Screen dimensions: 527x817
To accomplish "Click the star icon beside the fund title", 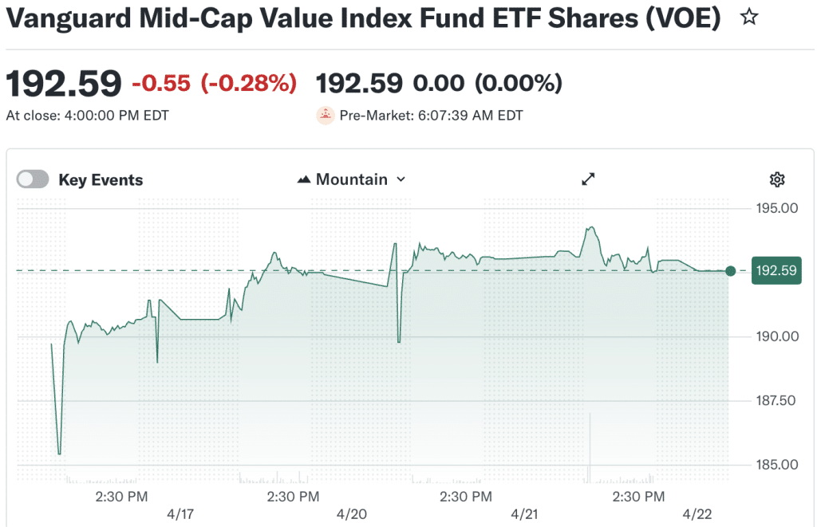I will [x=748, y=18].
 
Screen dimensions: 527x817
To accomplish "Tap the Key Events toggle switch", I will [x=33, y=179].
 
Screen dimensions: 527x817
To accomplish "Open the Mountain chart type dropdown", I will [x=351, y=179].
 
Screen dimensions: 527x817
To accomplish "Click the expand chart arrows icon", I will [x=589, y=179].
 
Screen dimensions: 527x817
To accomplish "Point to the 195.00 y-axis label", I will [x=776, y=209].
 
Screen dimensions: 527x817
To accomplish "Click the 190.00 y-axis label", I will [x=776, y=336].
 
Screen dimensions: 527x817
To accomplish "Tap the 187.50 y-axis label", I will [x=776, y=400].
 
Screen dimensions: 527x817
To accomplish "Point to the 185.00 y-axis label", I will [x=776, y=464].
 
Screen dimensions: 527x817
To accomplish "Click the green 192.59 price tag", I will [x=776, y=271].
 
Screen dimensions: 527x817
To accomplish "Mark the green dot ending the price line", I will [x=731, y=271].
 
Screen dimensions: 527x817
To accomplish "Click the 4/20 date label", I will [x=351, y=514].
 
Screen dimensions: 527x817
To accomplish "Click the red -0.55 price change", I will [x=162, y=83].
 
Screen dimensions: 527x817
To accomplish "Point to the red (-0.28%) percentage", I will [x=248, y=83].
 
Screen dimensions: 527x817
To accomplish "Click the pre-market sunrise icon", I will [x=326, y=116].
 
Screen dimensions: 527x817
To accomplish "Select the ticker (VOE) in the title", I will [x=679, y=18].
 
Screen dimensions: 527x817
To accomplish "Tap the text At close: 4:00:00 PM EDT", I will [x=88, y=116].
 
